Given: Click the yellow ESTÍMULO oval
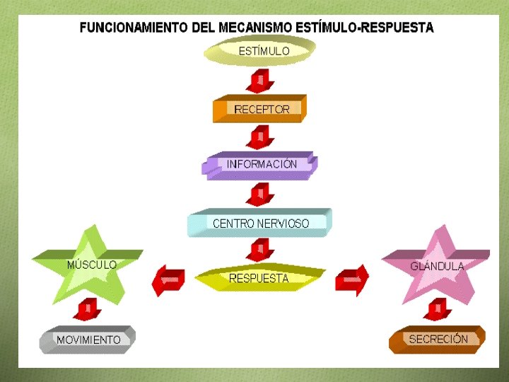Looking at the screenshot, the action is click(x=259, y=51).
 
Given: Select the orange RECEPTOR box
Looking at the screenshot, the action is click(x=259, y=109).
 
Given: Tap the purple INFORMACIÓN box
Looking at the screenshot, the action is click(x=260, y=165).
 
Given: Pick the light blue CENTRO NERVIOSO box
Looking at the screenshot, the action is click(x=259, y=223).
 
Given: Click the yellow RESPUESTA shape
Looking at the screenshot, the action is click(x=259, y=277).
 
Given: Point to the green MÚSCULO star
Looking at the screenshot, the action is click(x=90, y=266).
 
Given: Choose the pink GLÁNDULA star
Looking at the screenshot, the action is click(x=436, y=266).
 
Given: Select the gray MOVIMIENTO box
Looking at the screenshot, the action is click(x=88, y=340).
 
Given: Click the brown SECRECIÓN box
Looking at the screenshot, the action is click(x=438, y=339).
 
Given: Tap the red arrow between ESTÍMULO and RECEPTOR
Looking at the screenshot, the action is click(x=261, y=80).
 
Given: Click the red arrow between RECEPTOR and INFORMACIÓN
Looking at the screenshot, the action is click(x=261, y=137).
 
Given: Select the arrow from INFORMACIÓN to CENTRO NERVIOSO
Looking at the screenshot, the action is click(x=261, y=193).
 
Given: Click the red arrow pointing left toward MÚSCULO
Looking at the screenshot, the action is click(x=168, y=279).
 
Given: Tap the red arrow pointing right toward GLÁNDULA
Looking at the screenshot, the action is click(x=351, y=279).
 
